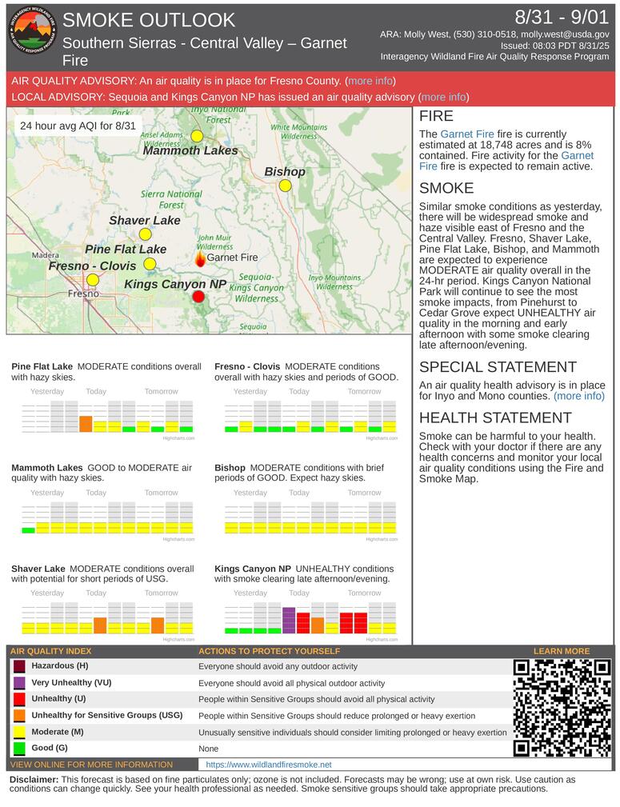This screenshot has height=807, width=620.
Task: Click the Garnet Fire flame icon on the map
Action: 200,258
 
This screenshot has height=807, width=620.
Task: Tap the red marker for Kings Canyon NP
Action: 198,297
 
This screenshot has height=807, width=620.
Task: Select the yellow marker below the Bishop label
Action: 285,186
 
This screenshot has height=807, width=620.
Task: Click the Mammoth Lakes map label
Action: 190,150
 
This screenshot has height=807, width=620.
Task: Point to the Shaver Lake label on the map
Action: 145,220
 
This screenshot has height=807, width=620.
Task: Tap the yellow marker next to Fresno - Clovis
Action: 93,279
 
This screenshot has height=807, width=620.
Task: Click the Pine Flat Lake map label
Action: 126,249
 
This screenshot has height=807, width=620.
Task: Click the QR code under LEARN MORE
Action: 562,708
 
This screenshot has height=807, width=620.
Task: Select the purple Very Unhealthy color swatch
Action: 19,684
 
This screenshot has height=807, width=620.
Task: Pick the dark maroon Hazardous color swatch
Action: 19,667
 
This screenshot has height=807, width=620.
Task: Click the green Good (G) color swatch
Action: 19,749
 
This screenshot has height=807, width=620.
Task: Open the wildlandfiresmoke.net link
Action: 269,765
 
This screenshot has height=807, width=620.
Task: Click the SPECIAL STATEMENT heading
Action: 498,367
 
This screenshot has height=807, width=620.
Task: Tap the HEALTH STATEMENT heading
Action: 495,417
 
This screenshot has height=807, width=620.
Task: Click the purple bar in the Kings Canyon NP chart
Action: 289,621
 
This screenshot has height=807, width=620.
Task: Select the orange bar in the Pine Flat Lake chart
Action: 86,424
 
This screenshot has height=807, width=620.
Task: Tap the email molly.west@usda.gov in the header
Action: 565,35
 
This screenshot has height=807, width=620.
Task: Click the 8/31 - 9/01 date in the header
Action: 562,18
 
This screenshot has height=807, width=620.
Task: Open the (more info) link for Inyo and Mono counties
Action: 578,396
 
